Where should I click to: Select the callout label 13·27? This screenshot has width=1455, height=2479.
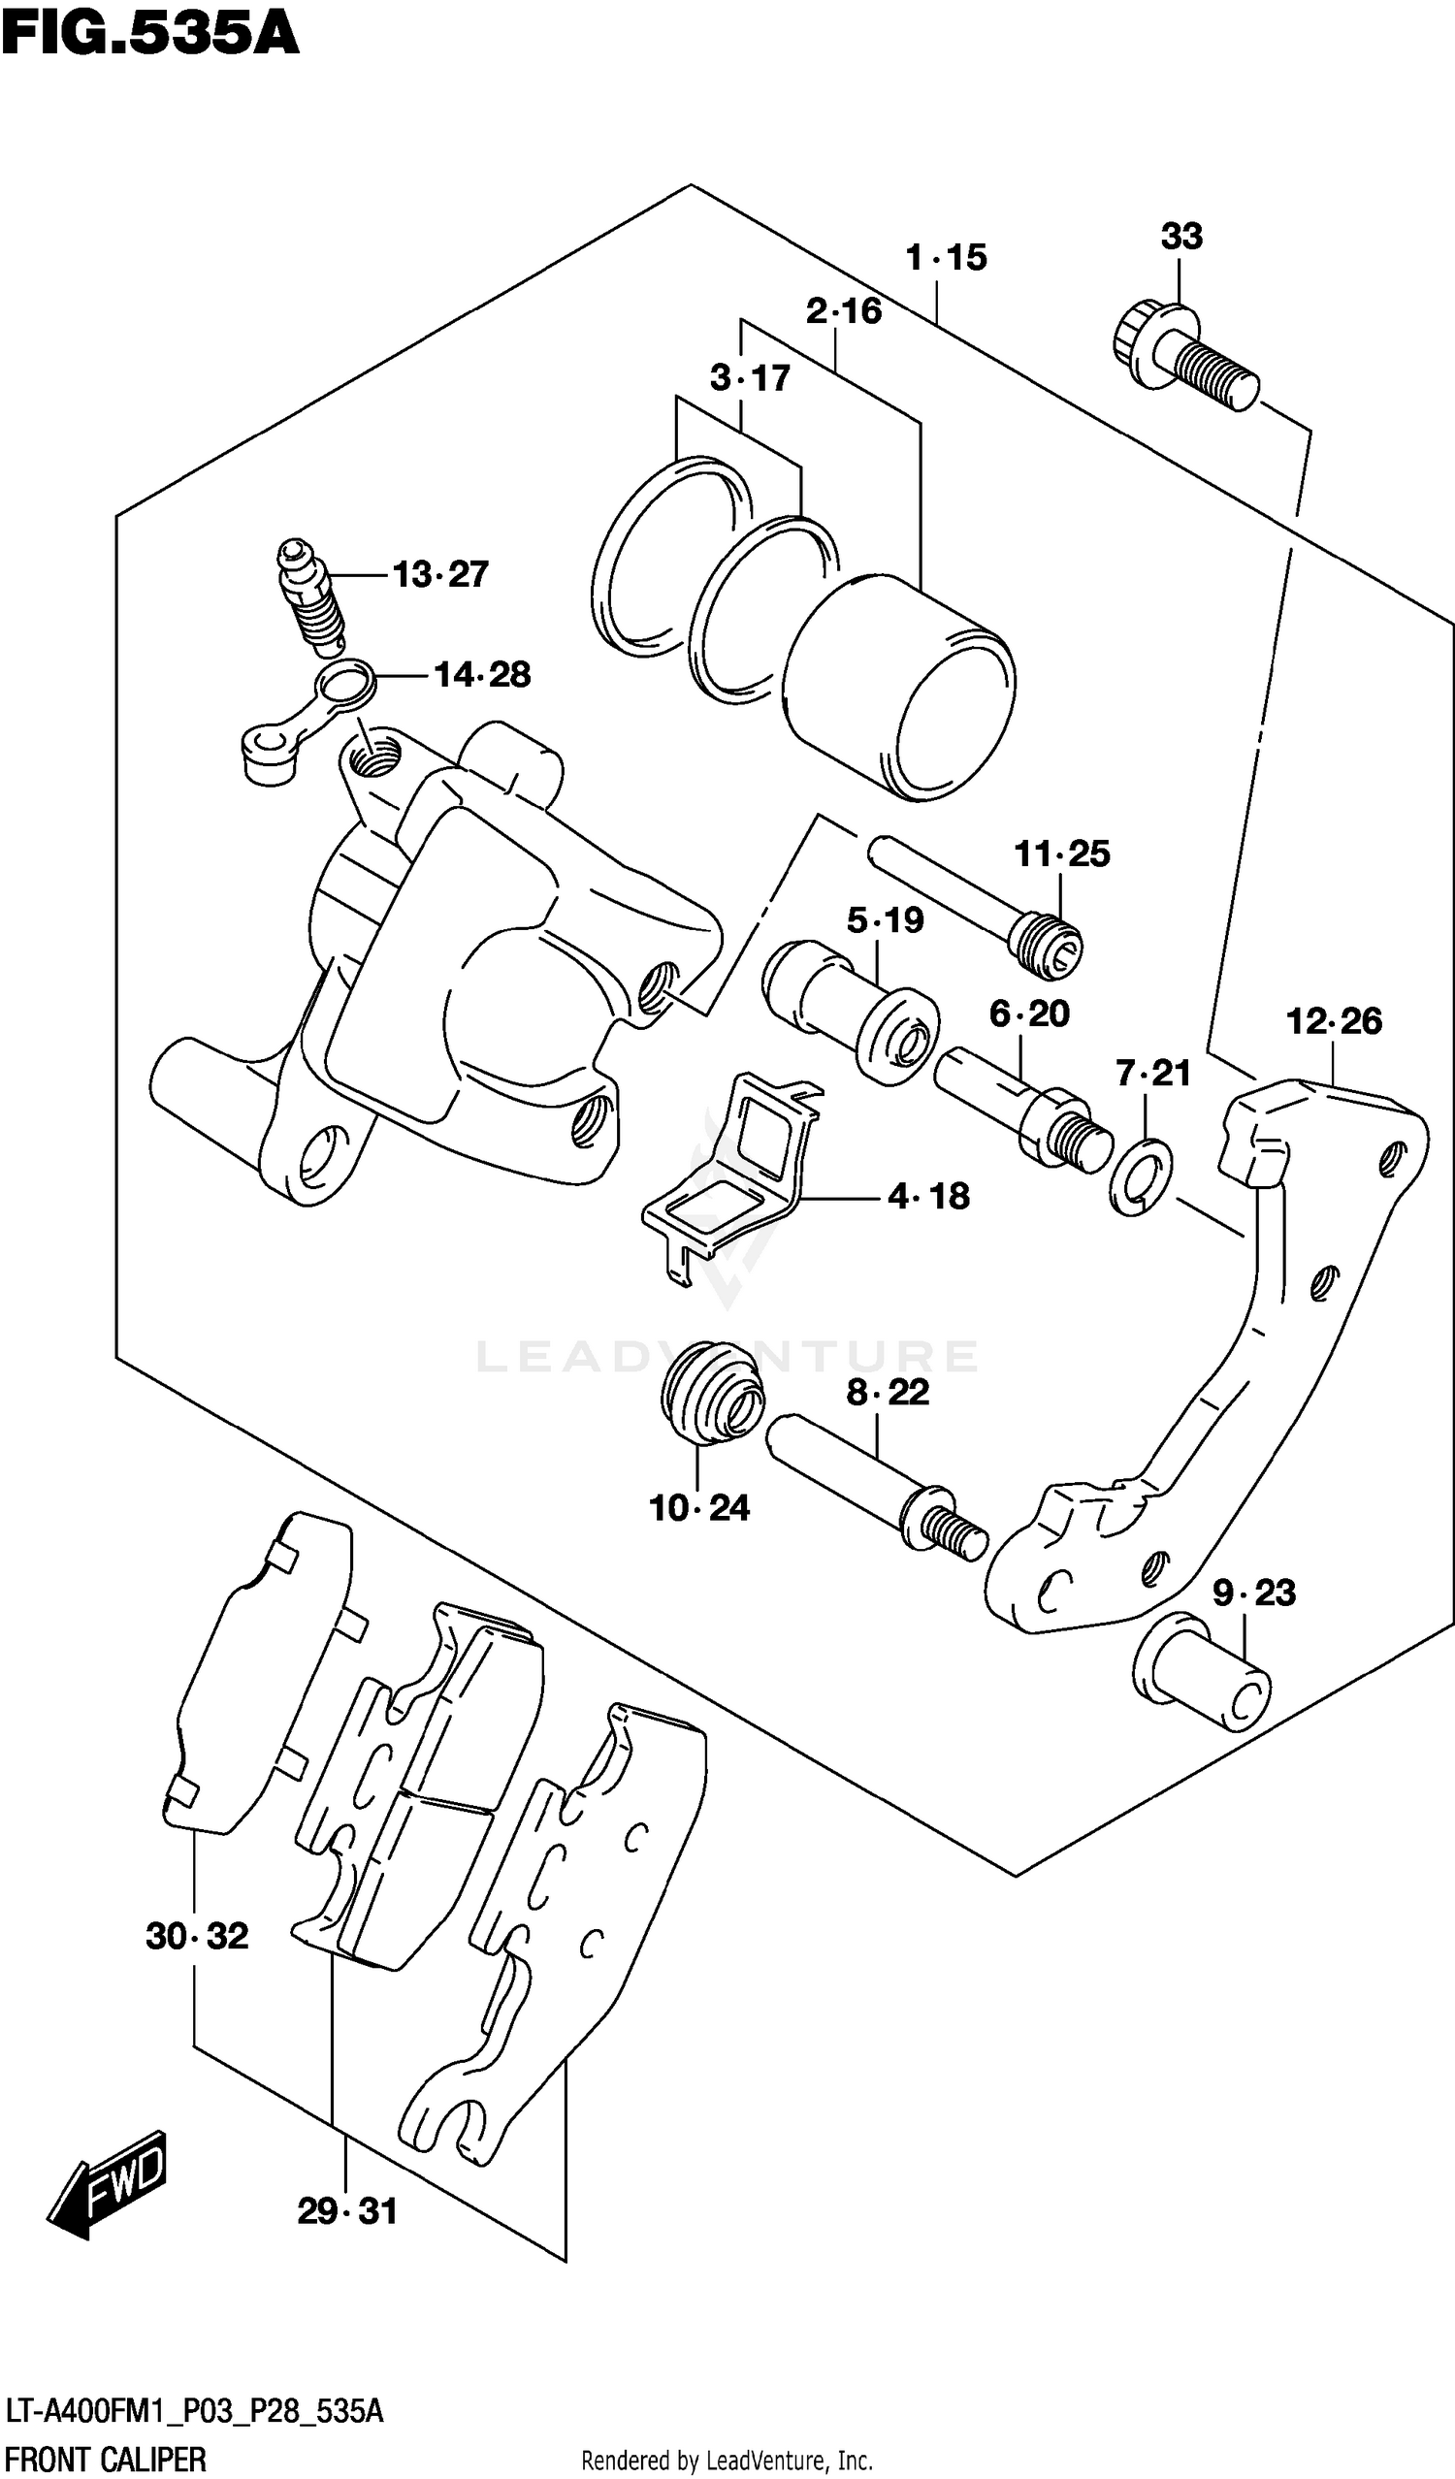(439, 574)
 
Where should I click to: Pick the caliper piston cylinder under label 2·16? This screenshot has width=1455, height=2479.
(900, 689)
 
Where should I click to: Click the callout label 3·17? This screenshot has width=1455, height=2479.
(750, 377)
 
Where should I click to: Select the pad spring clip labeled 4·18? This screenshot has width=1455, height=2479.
(733, 1180)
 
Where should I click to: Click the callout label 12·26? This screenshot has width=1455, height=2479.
(1333, 1021)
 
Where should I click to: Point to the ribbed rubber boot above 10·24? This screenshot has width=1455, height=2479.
(710, 1392)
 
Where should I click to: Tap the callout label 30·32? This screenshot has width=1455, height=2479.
(197, 1936)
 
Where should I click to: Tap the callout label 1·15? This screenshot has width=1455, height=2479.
(946, 258)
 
